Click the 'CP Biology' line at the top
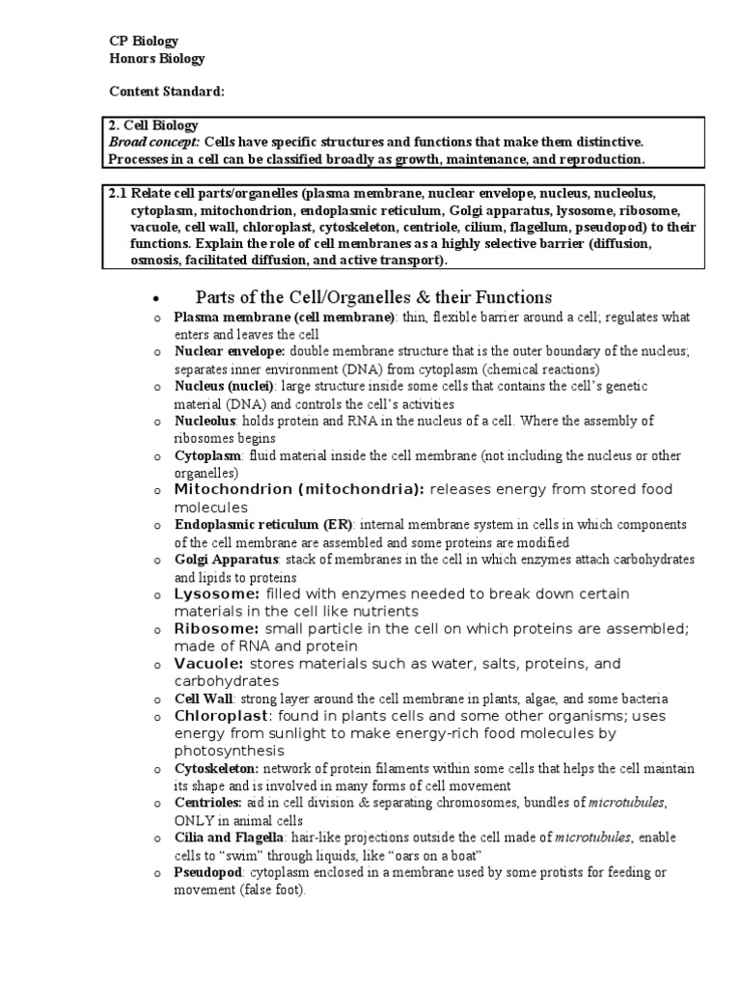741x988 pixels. [143, 41]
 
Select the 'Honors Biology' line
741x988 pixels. [156, 59]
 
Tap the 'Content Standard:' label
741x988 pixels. [166, 92]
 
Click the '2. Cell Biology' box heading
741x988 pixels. [153, 125]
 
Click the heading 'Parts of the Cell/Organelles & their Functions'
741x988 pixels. [373, 297]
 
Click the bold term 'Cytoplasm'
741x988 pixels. [206, 455]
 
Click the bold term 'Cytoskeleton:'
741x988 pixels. [216, 769]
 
